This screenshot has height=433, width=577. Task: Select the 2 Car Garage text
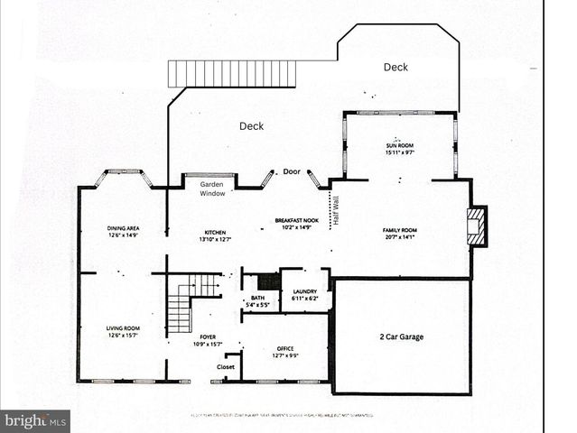(x=402, y=336)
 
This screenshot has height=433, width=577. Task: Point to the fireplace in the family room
(x=476, y=226)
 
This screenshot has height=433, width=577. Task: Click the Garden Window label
(x=211, y=189)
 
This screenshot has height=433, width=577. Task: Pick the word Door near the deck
(x=291, y=171)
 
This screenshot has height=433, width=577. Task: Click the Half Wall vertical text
(x=336, y=209)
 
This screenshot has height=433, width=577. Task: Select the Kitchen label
(x=214, y=235)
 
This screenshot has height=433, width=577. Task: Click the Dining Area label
(x=123, y=231)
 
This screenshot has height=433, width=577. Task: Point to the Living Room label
(x=123, y=331)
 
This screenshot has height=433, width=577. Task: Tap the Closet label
(x=226, y=367)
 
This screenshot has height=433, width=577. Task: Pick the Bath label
(x=257, y=300)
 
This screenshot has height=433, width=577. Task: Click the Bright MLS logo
(x=35, y=420)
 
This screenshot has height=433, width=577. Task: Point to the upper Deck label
(x=396, y=67)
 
